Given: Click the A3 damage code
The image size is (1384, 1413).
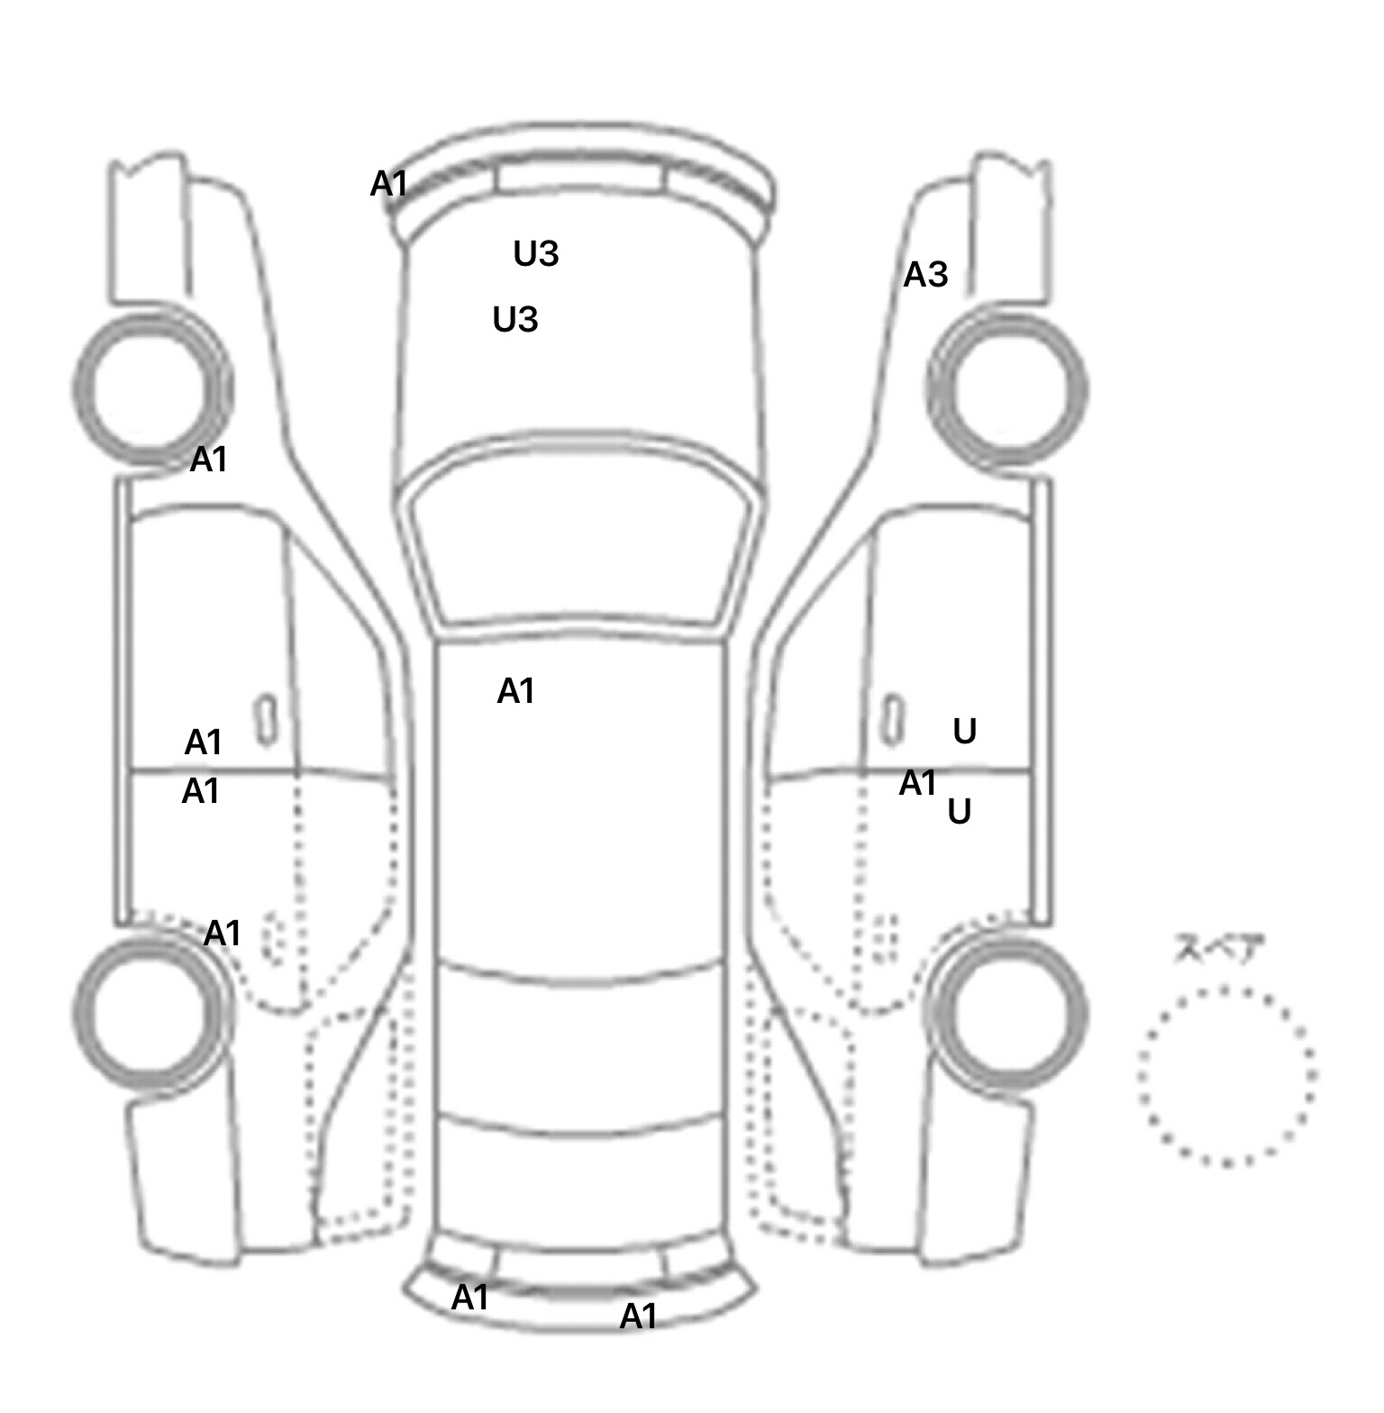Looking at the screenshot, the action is pos(926,274).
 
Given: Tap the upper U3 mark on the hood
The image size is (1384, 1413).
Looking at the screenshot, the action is pos(536,254).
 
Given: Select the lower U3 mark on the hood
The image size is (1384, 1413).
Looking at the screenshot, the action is pos(515,319).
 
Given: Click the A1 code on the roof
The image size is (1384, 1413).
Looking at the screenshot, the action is pos(516,691).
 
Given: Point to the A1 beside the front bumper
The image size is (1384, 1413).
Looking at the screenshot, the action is pos(389,184).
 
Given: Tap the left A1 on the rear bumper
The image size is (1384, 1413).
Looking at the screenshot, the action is pos(469,1298).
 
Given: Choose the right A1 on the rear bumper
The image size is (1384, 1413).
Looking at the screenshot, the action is pos(638,1317).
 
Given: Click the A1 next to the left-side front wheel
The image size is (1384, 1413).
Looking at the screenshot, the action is pos(209,460).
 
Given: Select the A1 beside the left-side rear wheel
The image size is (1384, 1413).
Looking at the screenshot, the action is pos(223,934).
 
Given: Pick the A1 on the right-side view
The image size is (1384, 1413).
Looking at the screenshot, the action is pos(918,783).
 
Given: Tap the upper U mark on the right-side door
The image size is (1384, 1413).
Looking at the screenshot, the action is pos(965,732).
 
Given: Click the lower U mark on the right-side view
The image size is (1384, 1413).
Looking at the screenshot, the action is pos(960,812).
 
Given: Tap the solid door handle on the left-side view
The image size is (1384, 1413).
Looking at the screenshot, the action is pos(266,720).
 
